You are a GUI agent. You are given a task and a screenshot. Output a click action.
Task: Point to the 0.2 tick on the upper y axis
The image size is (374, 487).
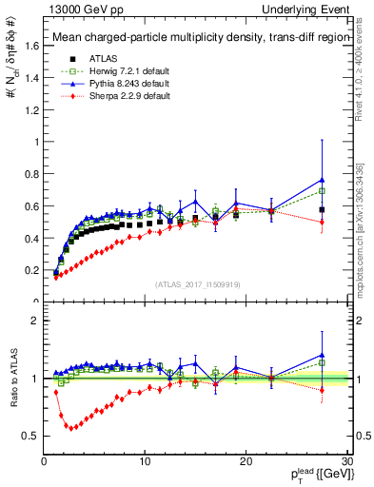tap(30, 270)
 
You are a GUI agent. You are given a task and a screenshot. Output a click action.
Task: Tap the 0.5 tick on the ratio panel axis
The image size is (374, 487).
tap(30, 436)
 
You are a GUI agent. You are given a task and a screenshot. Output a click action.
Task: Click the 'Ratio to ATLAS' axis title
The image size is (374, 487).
tap(13, 379)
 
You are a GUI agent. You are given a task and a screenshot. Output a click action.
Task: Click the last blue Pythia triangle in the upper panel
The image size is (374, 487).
tap(323, 180)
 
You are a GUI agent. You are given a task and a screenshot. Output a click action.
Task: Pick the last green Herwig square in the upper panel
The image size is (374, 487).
tap(323, 190)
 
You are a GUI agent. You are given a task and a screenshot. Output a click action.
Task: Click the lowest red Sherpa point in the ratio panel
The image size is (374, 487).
tap(69, 426)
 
